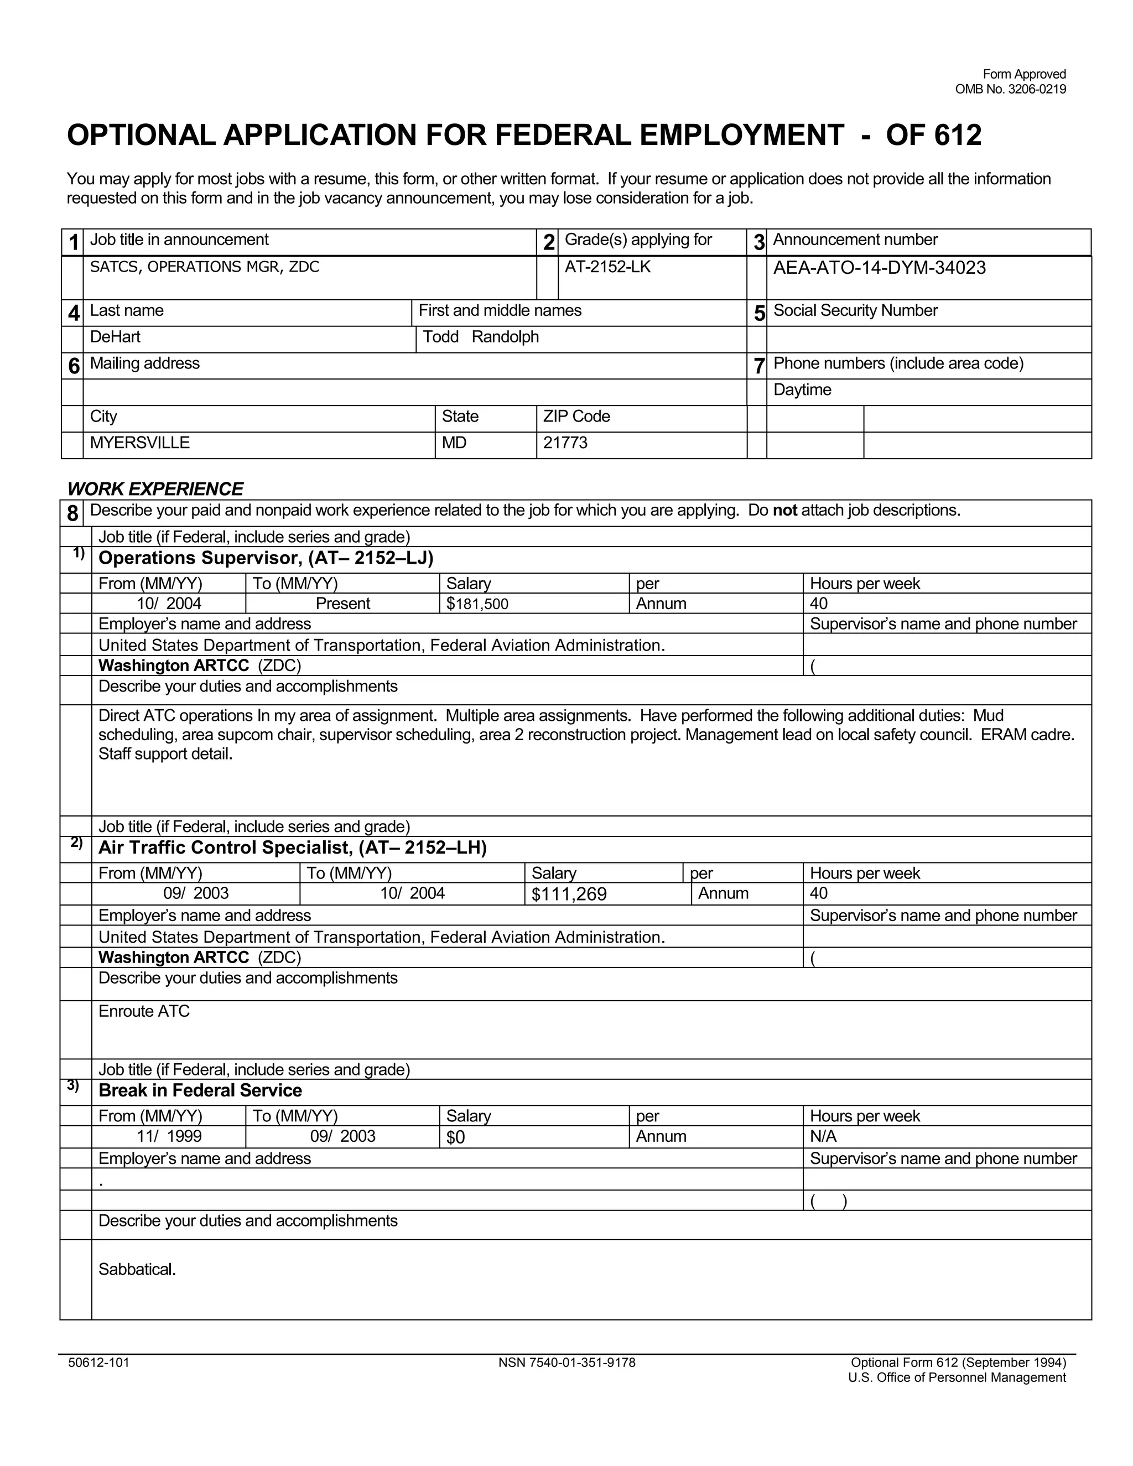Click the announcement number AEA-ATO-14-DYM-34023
pyautogui.click(x=879, y=268)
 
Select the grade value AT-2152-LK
pyautogui.click(x=607, y=267)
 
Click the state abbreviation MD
pyautogui.click(x=454, y=443)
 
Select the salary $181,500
pyautogui.click(x=477, y=604)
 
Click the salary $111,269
pyautogui.click(x=569, y=894)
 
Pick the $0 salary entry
pyautogui.click(x=455, y=1137)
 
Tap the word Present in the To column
pyautogui.click(x=342, y=604)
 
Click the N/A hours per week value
pyautogui.click(x=823, y=1136)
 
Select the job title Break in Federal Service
pyautogui.click(x=200, y=1090)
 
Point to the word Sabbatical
pyautogui.click(x=137, y=1269)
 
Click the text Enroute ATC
pyautogui.click(x=144, y=1012)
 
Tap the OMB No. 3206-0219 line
pyautogui.click(x=1010, y=89)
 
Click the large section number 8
pyautogui.click(x=72, y=514)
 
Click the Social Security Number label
pyautogui.click(x=855, y=311)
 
